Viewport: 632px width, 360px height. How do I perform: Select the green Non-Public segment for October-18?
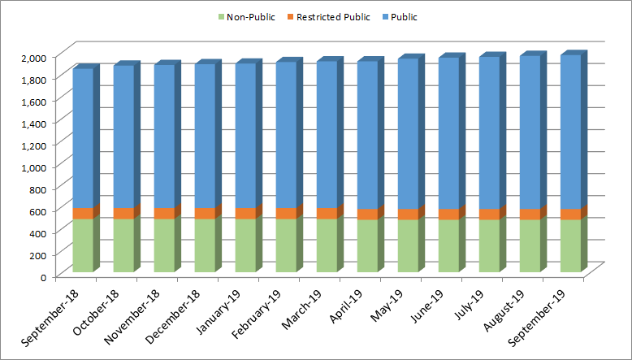(x=123, y=245)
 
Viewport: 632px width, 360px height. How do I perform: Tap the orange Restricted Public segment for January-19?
(x=245, y=213)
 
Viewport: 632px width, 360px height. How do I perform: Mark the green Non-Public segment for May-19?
(x=408, y=245)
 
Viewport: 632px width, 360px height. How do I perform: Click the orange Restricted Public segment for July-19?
(x=489, y=215)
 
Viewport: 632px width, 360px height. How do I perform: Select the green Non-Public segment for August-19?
(x=530, y=245)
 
